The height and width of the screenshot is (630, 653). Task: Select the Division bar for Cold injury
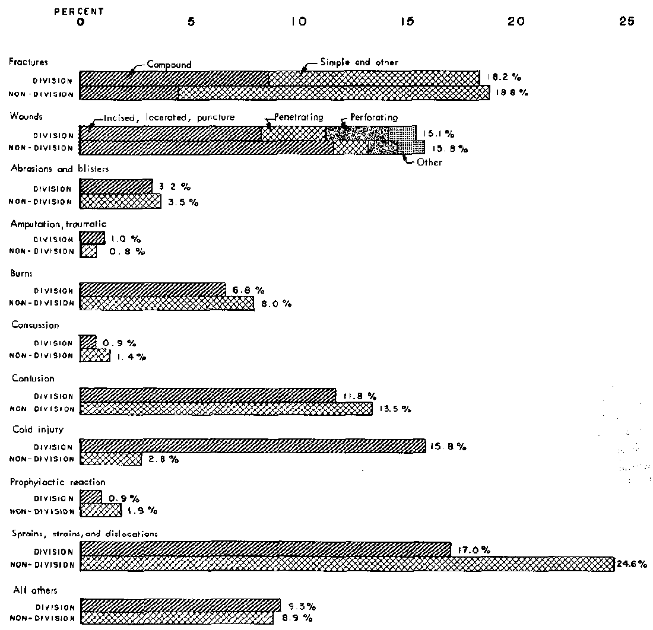click(252, 446)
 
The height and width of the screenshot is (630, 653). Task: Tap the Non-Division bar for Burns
click(167, 303)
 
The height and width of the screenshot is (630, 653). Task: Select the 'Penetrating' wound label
click(299, 117)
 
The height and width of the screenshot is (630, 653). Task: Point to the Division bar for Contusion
click(208, 396)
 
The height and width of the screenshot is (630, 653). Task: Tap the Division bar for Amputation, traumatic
click(92, 238)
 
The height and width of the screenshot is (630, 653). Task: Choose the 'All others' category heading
click(29, 590)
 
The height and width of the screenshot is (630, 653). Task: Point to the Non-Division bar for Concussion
click(95, 355)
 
